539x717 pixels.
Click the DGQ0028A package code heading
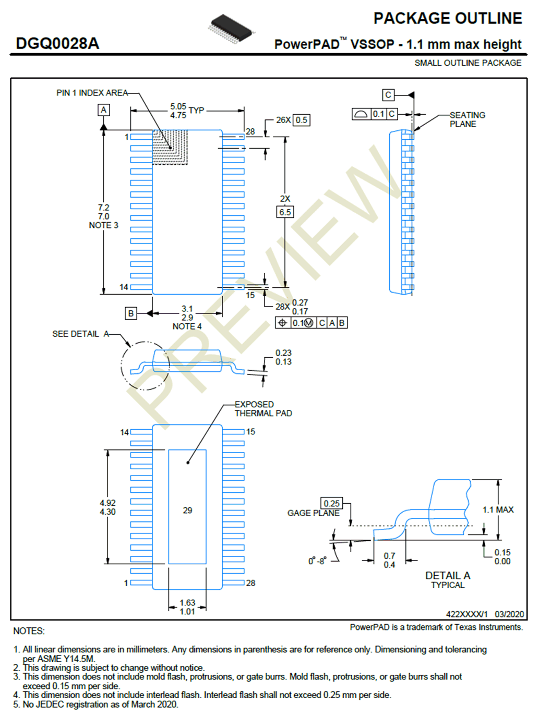pyautogui.click(x=57, y=43)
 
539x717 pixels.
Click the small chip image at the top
pyautogui.click(x=231, y=29)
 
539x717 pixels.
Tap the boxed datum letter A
pyautogui.click(x=104, y=110)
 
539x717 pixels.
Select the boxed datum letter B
pyautogui.click(x=131, y=313)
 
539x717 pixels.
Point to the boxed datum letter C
pyautogui.click(x=388, y=95)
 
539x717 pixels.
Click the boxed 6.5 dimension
pyautogui.click(x=285, y=212)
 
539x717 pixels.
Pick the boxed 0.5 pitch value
pyautogui.click(x=301, y=120)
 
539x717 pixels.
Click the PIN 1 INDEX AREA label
pyautogui.click(x=92, y=93)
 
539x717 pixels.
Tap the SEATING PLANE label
pyautogui.click(x=467, y=119)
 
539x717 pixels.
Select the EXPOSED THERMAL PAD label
pyautogui.click(x=263, y=409)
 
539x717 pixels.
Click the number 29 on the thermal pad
pyautogui.click(x=187, y=511)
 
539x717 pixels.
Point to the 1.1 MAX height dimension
pyautogui.click(x=498, y=510)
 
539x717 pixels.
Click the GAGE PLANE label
pyautogui.click(x=313, y=513)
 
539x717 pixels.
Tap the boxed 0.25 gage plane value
pyautogui.click(x=332, y=503)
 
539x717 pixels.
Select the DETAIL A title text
pyautogui.click(x=448, y=576)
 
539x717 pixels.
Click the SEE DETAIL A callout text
pyautogui.click(x=80, y=334)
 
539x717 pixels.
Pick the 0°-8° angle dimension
pyautogui.click(x=317, y=561)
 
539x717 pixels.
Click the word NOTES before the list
pyautogui.click(x=29, y=631)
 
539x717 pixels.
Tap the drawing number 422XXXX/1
pyautogui.click(x=466, y=614)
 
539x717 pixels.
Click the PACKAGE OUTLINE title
pyautogui.click(x=448, y=18)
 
